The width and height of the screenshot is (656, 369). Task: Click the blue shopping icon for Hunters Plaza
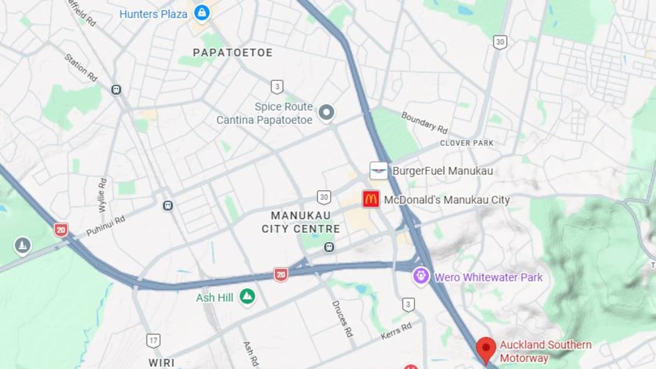[x=202, y=13]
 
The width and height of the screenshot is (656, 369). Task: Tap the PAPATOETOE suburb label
[x=232, y=52]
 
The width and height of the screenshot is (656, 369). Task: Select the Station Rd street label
[x=80, y=67]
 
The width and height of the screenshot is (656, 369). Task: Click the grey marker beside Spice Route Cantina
[x=326, y=113]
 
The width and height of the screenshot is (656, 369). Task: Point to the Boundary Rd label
[x=424, y=122]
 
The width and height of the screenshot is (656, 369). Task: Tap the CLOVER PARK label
[x=467, y=143]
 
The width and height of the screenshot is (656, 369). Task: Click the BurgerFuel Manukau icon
[x=379, y=171]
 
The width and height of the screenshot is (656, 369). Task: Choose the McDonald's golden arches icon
[x=371, y=199]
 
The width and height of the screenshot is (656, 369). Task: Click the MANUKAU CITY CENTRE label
[x=301, y=222]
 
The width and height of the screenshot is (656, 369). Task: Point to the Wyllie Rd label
[x=103, y=195]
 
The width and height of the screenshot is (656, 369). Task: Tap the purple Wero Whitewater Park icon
[x=421, y=276]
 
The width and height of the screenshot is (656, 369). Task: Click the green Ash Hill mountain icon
[x=247, y=297]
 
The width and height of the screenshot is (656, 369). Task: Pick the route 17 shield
[x=154, y=341]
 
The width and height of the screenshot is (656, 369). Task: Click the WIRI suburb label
[x=162, y=362]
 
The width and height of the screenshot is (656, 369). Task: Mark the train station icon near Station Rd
[x=116, y=90]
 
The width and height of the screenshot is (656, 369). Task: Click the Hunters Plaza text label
[x=153, y=14]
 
